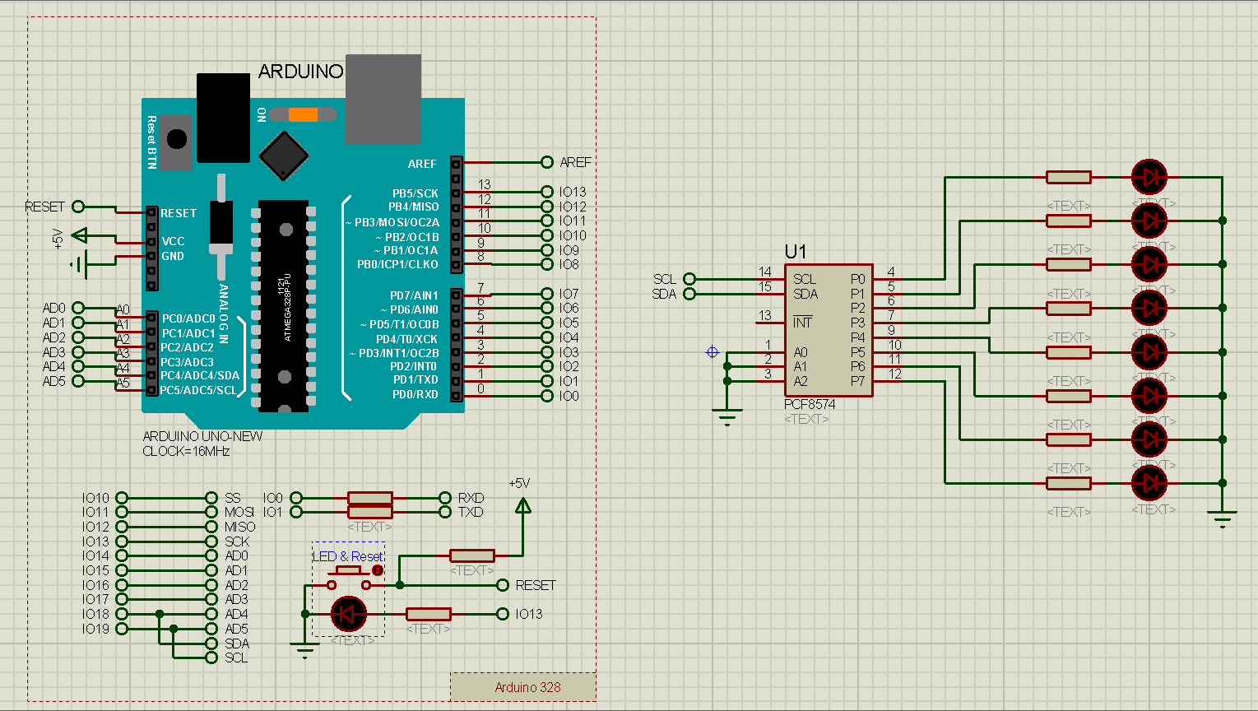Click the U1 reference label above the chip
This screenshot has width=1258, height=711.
(796, 252)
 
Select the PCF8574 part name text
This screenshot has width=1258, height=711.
(809, 405)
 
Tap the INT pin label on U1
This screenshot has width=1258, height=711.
(802, 323)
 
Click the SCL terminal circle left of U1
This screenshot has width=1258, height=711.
(689, 279)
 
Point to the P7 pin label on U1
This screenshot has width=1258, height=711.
(858, 381)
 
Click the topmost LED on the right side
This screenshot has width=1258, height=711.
(1149, 176)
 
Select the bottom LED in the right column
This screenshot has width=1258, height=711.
(1149, 483)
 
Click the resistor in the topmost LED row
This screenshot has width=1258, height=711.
(1068, 177)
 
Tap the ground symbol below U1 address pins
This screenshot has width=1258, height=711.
(727, 417)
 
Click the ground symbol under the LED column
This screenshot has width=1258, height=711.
(1223, 518)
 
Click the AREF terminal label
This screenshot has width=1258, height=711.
(575, 162)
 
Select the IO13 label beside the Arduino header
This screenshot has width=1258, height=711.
(573, 192)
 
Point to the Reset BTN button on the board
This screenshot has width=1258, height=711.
(176, 138)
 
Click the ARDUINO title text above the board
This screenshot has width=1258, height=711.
(300, 72)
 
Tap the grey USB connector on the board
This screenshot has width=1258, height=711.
(383, 99)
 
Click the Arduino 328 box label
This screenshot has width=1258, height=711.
(527, 687)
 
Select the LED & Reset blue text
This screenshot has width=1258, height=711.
(348, 556)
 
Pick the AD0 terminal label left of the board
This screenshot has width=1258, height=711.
(53, 308)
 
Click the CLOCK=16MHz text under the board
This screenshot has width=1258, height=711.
(186, 451)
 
